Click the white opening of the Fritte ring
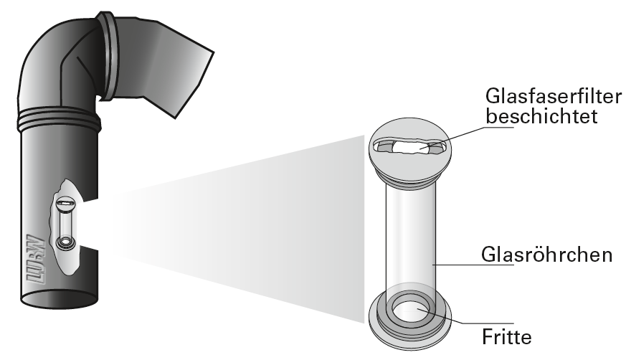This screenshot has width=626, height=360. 409,311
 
